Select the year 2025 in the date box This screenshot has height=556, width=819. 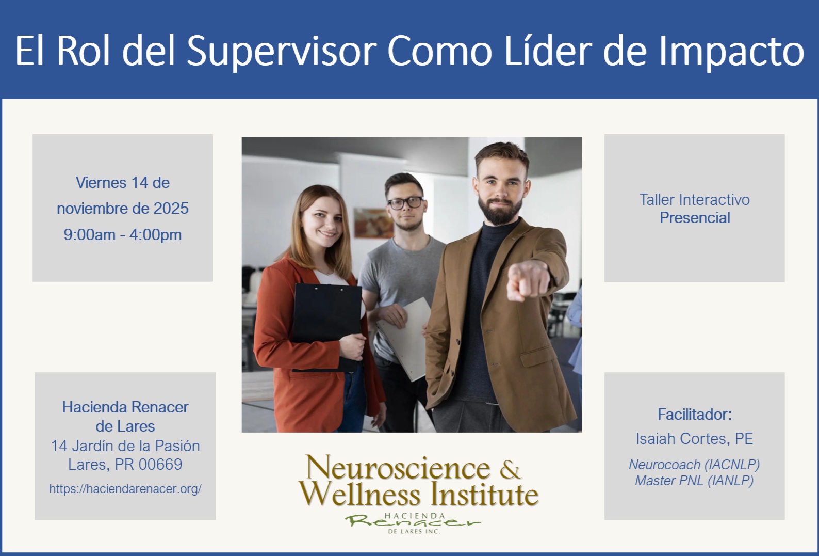[x=171, y=209]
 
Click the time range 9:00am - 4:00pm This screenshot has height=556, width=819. [x=123, y=234]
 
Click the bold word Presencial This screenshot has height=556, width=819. [x=695, y=218]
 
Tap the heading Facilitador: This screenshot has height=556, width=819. [x=695, y=415]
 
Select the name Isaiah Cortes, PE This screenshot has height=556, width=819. [x=695, y=438]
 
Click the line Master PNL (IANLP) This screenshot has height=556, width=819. [x=695, y=481]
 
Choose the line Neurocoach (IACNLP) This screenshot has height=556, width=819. [x=695, y=465]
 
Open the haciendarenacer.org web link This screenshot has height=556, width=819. [x=125, y=489]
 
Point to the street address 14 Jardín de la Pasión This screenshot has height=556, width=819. [x=125, y=446]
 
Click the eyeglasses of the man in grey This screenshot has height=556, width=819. [x=406, y=203]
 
